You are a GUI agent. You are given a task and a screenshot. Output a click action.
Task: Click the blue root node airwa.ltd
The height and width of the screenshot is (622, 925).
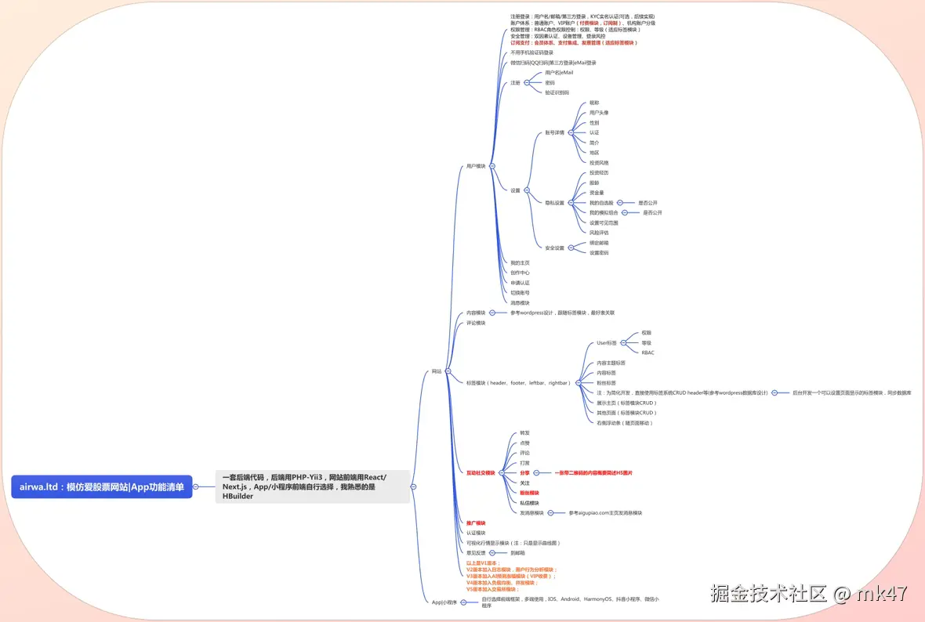(x=102, y=486)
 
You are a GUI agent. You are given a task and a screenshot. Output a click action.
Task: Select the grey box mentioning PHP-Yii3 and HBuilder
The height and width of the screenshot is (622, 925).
(x=312, y=486)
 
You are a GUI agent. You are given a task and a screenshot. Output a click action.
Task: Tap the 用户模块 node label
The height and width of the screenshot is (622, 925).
(x=476, y=166)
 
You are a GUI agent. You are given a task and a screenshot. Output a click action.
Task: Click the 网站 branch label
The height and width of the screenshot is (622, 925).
(x=437, y=371)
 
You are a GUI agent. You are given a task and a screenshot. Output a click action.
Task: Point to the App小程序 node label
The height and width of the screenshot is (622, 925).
(x=444, y=602)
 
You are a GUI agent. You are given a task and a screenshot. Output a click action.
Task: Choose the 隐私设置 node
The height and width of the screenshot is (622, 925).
(x=554, y=203)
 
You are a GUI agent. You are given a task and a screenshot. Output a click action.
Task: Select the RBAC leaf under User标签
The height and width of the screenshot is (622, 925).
(x=647, y=353)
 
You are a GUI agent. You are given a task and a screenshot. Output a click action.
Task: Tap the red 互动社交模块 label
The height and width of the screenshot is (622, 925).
(x=481, y=473)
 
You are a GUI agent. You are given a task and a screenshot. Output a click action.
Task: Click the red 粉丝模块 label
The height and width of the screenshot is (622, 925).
(x=529, y=493)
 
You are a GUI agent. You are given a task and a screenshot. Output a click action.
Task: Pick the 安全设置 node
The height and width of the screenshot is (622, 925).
(x=554, y=248)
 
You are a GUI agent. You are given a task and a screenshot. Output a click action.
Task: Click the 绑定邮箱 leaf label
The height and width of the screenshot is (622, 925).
(x=599, y=243)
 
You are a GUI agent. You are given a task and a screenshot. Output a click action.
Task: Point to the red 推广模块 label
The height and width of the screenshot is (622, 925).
(x=476, y=523)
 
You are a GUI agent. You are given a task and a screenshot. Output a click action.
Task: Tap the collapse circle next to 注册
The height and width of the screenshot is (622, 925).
(x=528, y=82)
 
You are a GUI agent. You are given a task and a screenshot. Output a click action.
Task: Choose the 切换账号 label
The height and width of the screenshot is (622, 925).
(x=520, y=293)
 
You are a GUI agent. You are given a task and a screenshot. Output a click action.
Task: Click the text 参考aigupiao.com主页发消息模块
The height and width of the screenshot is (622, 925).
(x=605, y=513)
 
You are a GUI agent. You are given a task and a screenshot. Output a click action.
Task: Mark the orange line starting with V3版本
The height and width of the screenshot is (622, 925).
(x=510, y=576)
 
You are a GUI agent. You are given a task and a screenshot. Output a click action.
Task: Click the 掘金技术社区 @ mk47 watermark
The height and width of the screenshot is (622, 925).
(x=809, y=594)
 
